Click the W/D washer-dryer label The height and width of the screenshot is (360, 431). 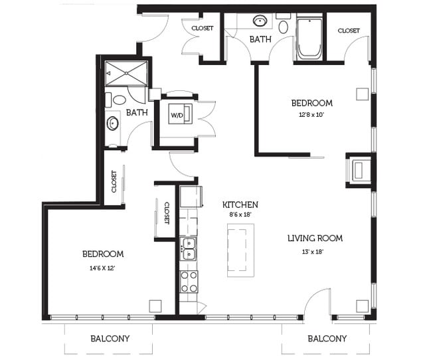[x=177, y=115]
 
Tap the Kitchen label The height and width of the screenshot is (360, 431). [x=240, y=205]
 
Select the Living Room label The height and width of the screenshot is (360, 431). [x=315, y=238]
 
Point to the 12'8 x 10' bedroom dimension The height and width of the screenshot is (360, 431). [x=311, y=115]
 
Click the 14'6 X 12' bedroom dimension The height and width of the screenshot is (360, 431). [x=102, y=268]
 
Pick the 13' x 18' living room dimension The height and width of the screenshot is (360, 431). [x=313, y=252]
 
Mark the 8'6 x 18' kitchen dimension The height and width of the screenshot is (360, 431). [x=240, y=215]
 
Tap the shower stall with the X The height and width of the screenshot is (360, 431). [x=126, y=74]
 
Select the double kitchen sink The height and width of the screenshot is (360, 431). [x=189, y=249]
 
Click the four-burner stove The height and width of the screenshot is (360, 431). [x=189, y=282]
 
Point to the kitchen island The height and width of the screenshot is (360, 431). [x=240, y=250]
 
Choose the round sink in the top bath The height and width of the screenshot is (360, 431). [x=260, y=21]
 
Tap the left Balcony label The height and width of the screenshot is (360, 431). [x=110, y=339]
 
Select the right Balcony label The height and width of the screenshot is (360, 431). [x=327, y=339]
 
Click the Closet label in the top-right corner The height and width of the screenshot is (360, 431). [x=349, y=31]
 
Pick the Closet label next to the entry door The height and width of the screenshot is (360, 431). [x=203, y=28]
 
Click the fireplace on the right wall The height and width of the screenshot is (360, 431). [x=359, y=171]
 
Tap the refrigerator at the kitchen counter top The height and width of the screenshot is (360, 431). [x=191, y=197]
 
